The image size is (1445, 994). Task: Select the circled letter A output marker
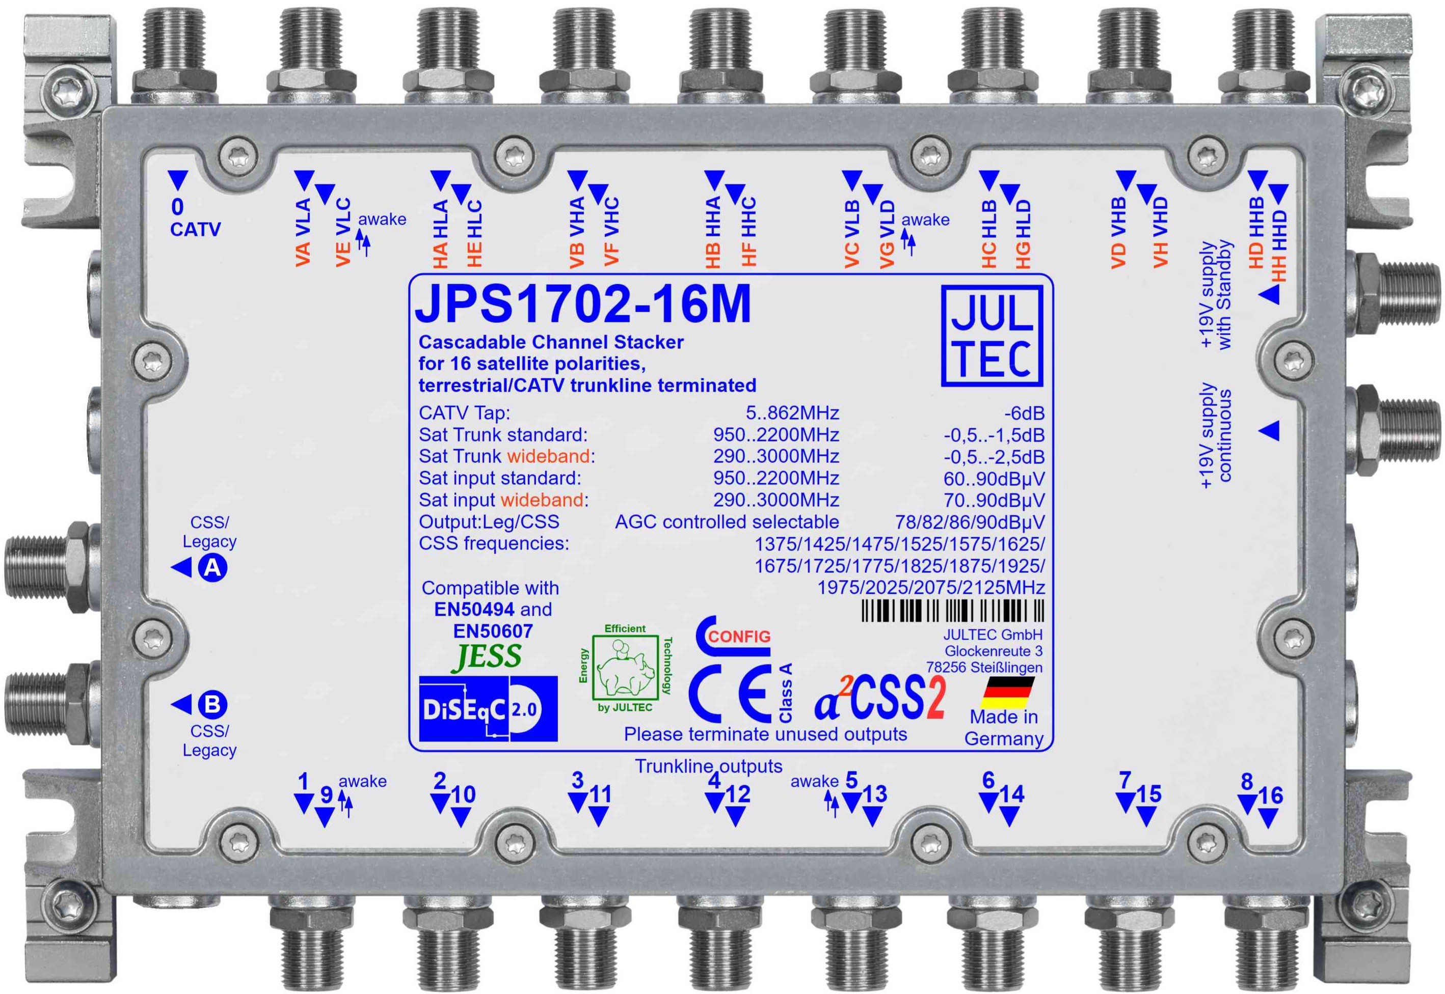tap(212, 567)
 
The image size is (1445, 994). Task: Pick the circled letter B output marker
tap(212, 704)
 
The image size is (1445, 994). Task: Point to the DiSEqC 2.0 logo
tap(488, 709)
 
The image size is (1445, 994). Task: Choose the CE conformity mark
tap(730, 693)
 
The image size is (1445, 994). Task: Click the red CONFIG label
tap(739, 637)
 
